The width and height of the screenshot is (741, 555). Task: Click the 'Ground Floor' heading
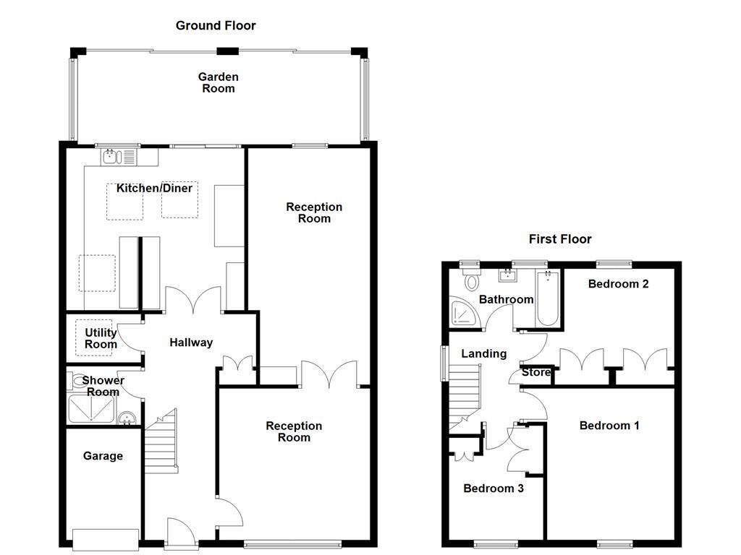pos(216,25)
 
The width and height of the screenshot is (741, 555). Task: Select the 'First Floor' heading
pos(560,239)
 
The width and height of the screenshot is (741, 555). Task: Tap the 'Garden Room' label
pos(219,82)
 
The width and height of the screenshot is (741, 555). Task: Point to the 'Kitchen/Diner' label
pos(155,189)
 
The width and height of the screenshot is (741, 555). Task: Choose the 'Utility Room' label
pos(101,338)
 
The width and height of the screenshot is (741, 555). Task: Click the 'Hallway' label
pos(191,343)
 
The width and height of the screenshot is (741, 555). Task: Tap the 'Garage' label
pos(103,456)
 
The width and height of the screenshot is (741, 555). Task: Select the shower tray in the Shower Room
pos(92,409)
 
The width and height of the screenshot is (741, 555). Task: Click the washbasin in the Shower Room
pos(127,418)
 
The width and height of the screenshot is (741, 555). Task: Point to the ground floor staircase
pos(161,442)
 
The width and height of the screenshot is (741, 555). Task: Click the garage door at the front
pos(106,540)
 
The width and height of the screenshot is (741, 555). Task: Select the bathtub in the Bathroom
pos(549,298)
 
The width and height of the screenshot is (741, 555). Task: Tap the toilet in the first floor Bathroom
pos(471,279)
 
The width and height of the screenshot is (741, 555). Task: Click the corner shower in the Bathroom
pos(465,311)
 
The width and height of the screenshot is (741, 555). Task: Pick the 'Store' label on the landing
pos(536,372)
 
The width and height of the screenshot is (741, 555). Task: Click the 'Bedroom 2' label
pos(618,284)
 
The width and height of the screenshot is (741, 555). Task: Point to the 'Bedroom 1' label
pos(609,426)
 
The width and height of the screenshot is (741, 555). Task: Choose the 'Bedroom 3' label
pos(494,489)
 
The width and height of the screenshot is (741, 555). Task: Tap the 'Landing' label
pos(484,354)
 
